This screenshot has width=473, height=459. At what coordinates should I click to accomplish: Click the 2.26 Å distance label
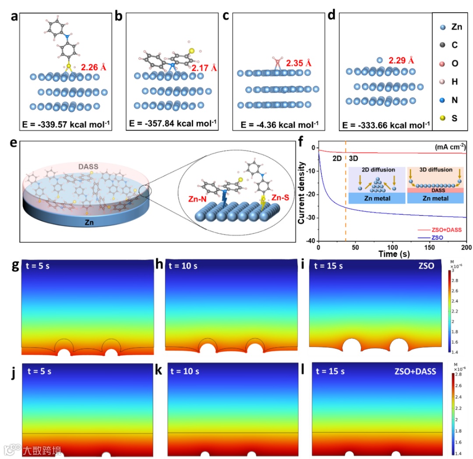point(94,67)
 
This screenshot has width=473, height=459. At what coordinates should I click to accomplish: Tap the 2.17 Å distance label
point(204,68)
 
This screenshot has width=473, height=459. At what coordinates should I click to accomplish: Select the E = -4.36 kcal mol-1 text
point(280,124)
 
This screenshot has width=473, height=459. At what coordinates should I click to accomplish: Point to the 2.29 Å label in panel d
point(401,60)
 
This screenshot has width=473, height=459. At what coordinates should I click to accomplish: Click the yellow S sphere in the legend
point(443,118)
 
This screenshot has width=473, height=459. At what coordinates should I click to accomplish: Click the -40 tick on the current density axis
point(311,241)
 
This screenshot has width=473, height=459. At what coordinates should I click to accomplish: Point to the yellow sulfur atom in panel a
point(68,67)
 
